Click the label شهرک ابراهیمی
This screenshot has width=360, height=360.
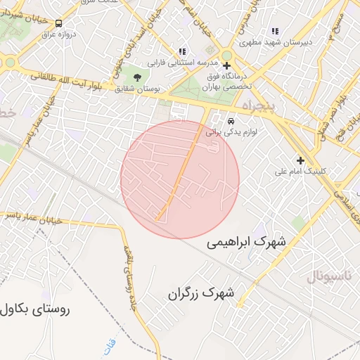pyautogui.click(x=247, y=242)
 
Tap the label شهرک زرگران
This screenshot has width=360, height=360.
pyautogui.click(x=200, y=294)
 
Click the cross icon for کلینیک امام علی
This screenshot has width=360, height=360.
pyautogui.click(x=300, y=160)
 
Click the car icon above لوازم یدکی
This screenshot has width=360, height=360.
pyautogui.click(x=231, y=120)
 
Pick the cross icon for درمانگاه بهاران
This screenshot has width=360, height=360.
pyautogui.click(x=226, y=66)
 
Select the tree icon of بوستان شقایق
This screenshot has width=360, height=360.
pyautogui.click(x=136, y=78)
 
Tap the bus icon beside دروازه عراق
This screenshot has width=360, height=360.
pyautogui.click(x=58, y=23)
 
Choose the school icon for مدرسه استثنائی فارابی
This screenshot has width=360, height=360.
pyautogui.click(x=182, y=51)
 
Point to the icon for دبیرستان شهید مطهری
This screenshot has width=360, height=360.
pyautogui.click(x=274, y=32)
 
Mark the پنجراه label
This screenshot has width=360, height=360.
pyautogui.click(x=262, y=106)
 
